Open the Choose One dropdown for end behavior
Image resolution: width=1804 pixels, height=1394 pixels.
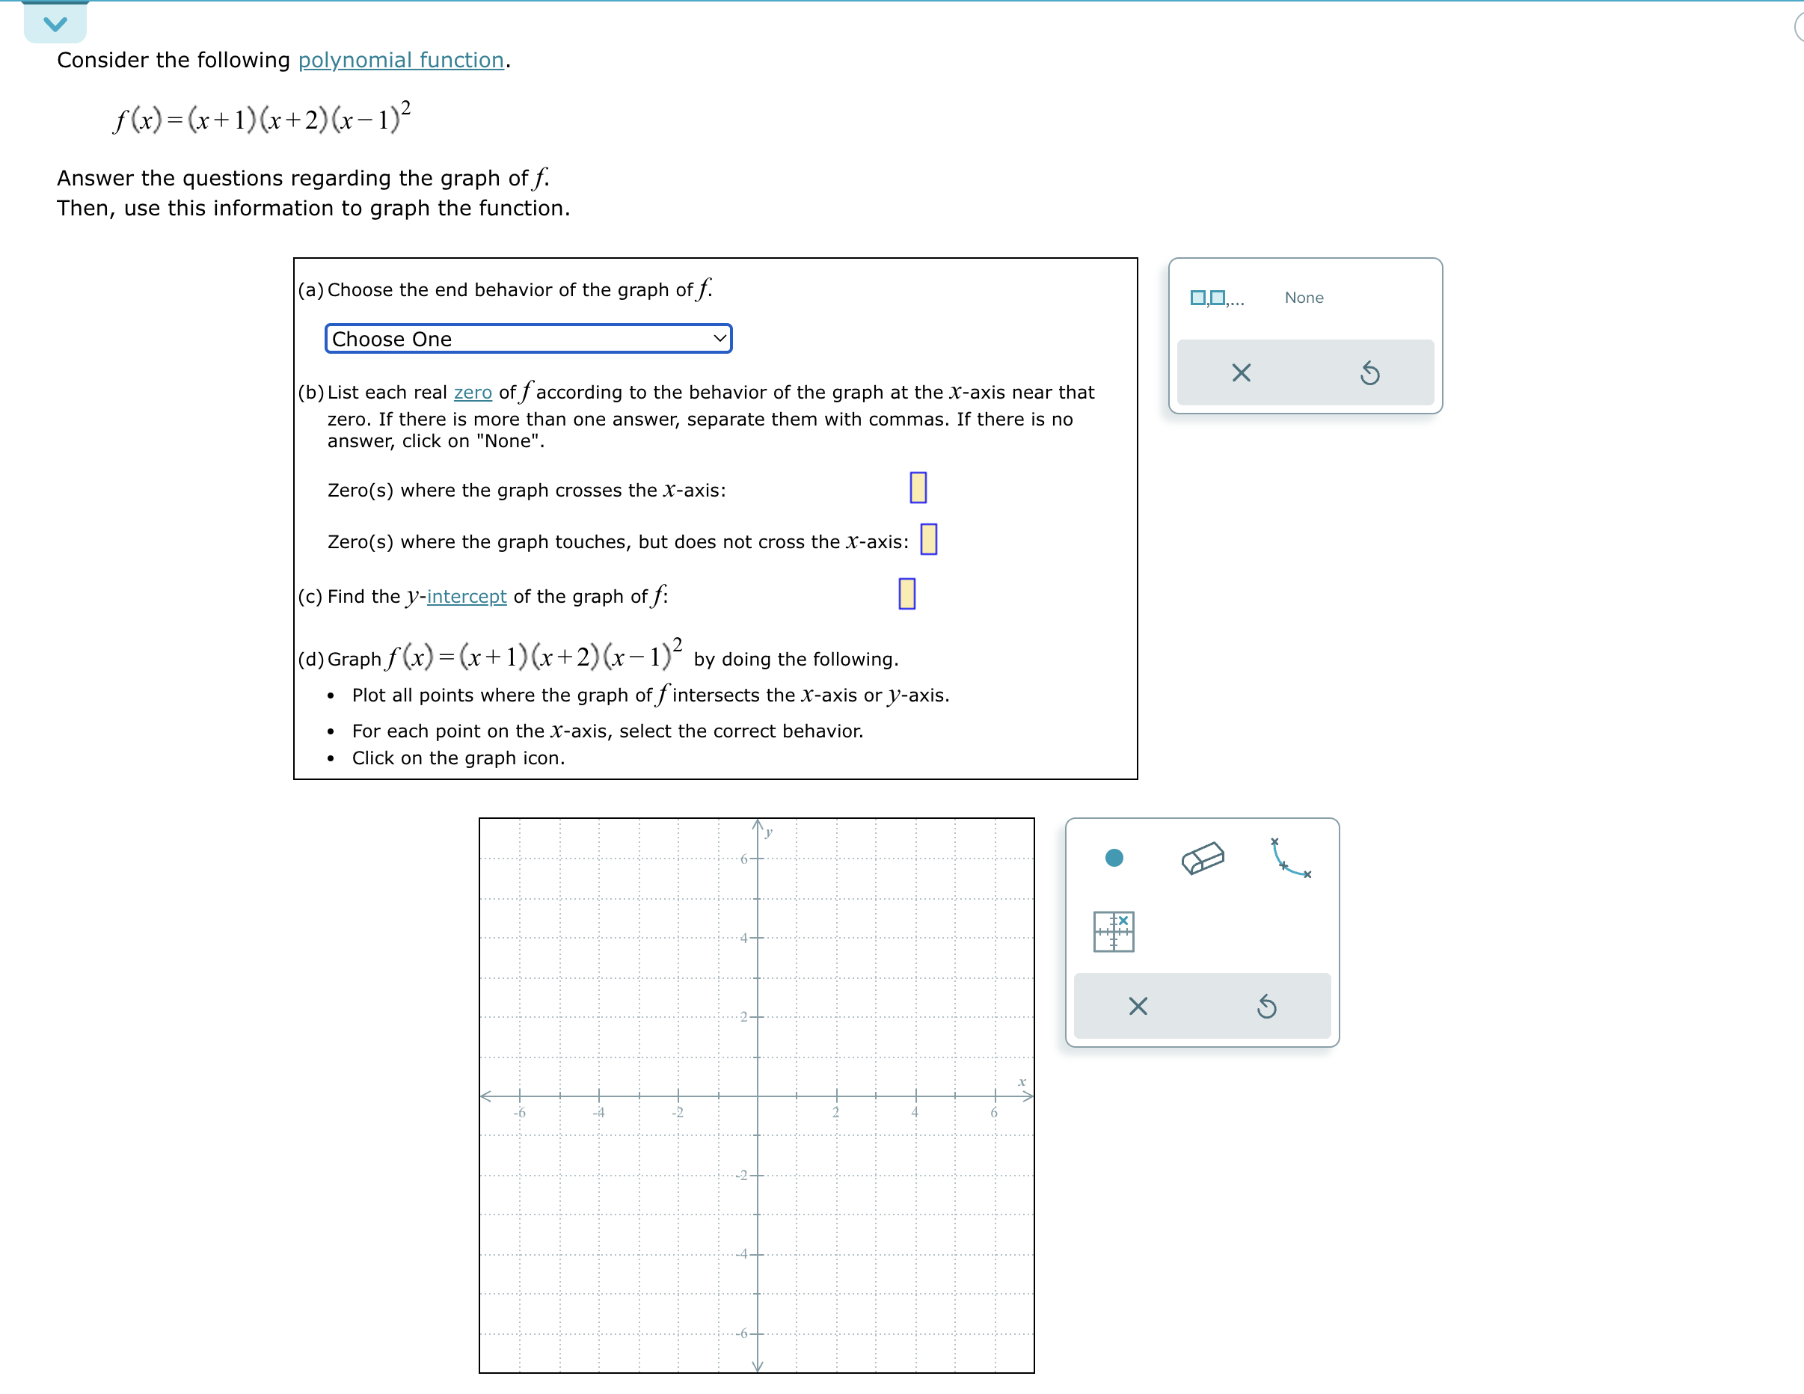pos(528,339)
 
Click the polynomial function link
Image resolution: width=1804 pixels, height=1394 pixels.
pos(401,61)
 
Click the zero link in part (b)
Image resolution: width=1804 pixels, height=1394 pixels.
pos(473,393)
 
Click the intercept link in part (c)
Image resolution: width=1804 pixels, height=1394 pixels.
pos(466,596)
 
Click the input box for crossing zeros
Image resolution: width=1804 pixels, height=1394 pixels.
pos(918,488)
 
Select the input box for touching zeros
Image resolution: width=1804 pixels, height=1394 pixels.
pos(928,539)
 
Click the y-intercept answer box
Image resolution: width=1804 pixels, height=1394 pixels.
pos(906,594)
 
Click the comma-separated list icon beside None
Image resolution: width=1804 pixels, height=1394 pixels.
pos(1216,298)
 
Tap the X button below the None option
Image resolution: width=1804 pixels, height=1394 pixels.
pos(1240,373)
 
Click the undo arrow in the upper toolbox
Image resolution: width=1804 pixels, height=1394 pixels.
pos(1369,373)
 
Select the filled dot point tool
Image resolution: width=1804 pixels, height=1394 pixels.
pos(1114,858)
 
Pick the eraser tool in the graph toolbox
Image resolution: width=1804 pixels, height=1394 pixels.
pos(1202,858)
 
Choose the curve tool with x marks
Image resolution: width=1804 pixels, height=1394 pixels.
pos(1289,858)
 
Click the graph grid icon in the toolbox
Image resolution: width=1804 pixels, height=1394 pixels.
pos(1114,932)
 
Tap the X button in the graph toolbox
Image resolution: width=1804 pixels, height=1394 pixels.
pos(1138,1006)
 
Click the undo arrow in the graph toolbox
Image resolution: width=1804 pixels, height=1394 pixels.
pos(1265,1006)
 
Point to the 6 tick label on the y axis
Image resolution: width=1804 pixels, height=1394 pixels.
pos(743,859)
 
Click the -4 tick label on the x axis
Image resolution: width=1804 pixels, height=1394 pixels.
pos(598,1112)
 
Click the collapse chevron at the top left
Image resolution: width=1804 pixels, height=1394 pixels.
pos(55,23)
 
